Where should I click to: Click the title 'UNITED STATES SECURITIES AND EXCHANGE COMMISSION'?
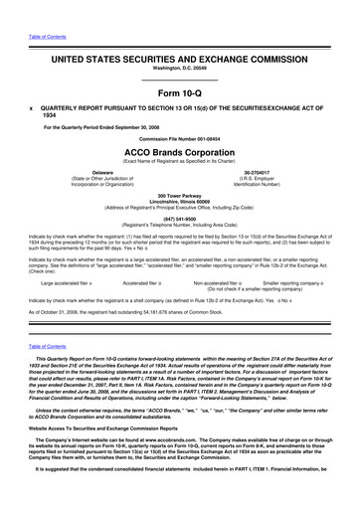(x=179, y=32)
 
